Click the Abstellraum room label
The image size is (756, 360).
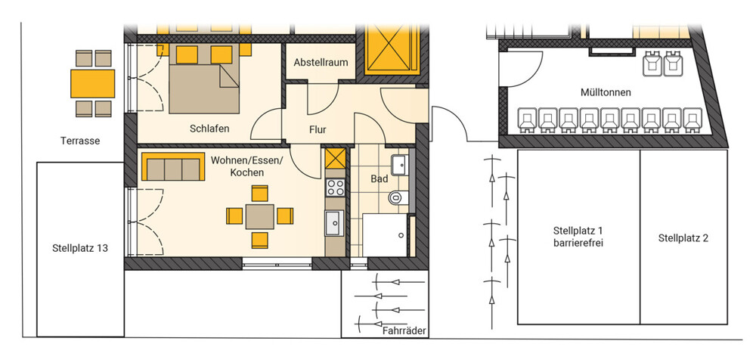click(x=321, y=63)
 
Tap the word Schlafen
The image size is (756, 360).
click(x=209, y=129)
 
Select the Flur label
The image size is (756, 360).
click(x=318, y=129)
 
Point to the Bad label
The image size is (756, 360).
click(x=380, y=179)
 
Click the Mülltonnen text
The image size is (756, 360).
click(x=606, y=92)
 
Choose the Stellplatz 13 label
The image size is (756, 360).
click(x=80, y=249)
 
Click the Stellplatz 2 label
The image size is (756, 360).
click(x=683, y=238)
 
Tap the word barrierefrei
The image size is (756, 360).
click(x=578, y=243)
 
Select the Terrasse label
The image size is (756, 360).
click(x=80, y=141)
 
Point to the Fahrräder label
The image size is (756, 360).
click(x=404, y=331)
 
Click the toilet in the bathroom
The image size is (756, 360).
click(x=399, y=197)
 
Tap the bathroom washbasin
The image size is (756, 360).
click(x=400, y=166)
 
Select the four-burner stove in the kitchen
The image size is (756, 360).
click(x=335, y=188)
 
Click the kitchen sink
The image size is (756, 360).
click(x=335, y=223)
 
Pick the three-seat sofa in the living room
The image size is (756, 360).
click(x=173, y=167)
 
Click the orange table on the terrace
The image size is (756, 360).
click(x=92, y=83)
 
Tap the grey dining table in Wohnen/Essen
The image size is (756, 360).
click(x=260, y=216)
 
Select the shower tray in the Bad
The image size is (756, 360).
click(x=386, y=235)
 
